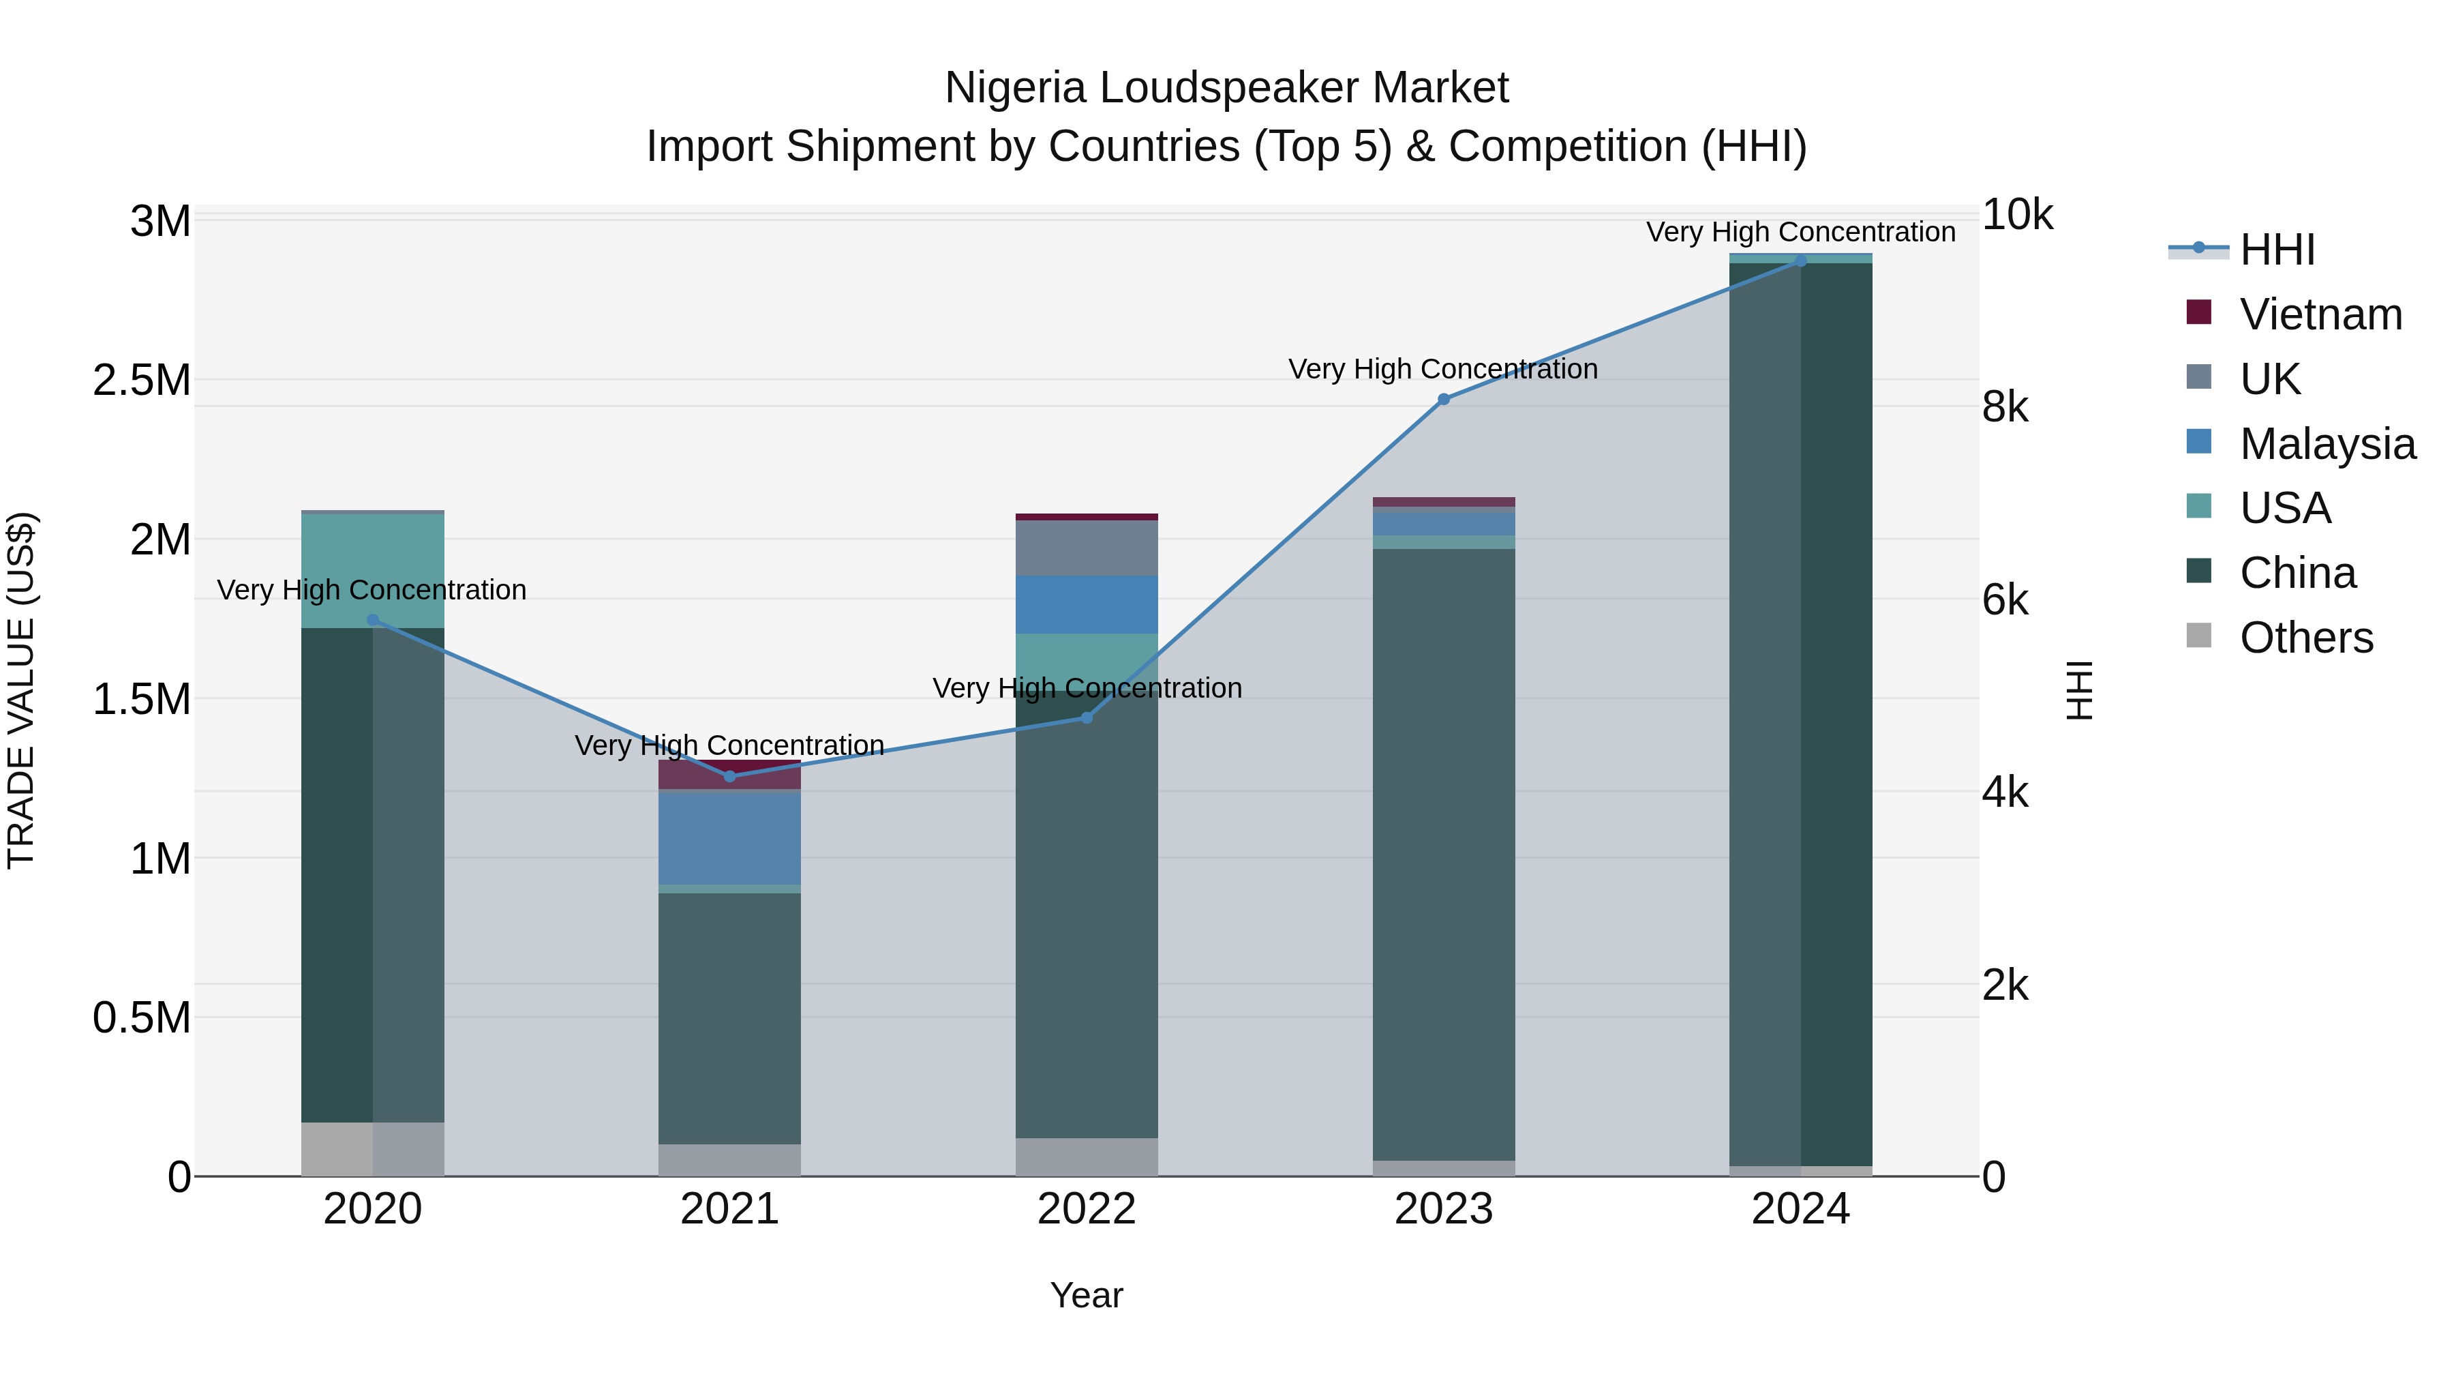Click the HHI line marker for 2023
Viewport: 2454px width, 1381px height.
point(1443,400)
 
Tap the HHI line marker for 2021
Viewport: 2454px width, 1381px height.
point(729,776)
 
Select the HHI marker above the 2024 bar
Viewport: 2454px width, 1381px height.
point(1800,261)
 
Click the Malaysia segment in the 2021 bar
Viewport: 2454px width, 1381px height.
point(729,837)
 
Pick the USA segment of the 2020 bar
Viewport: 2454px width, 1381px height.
point(372,570)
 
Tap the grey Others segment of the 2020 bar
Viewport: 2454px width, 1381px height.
point(372,1148)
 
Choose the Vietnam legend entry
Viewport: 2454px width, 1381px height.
point(2320,314)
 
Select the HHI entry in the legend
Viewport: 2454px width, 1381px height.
point(2277,250)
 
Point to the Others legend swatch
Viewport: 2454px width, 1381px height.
point(2198,635)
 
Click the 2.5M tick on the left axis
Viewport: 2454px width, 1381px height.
point(141,381)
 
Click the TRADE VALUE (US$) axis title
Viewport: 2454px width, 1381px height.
point(21,690)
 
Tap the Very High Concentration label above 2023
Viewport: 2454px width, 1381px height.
point(1442,369)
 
